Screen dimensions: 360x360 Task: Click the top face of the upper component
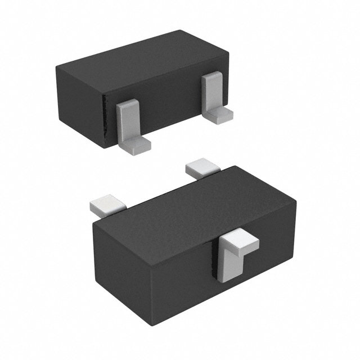(x=141, y=59)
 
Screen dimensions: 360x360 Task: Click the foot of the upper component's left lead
(x=138, y=145)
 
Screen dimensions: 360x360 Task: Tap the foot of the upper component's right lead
(x=219, y=115)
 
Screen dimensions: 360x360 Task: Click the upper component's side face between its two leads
(x=169, y=107)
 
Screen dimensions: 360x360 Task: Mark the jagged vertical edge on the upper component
(x=104, y=121)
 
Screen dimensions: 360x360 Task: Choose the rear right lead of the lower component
(x=201, y=168)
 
